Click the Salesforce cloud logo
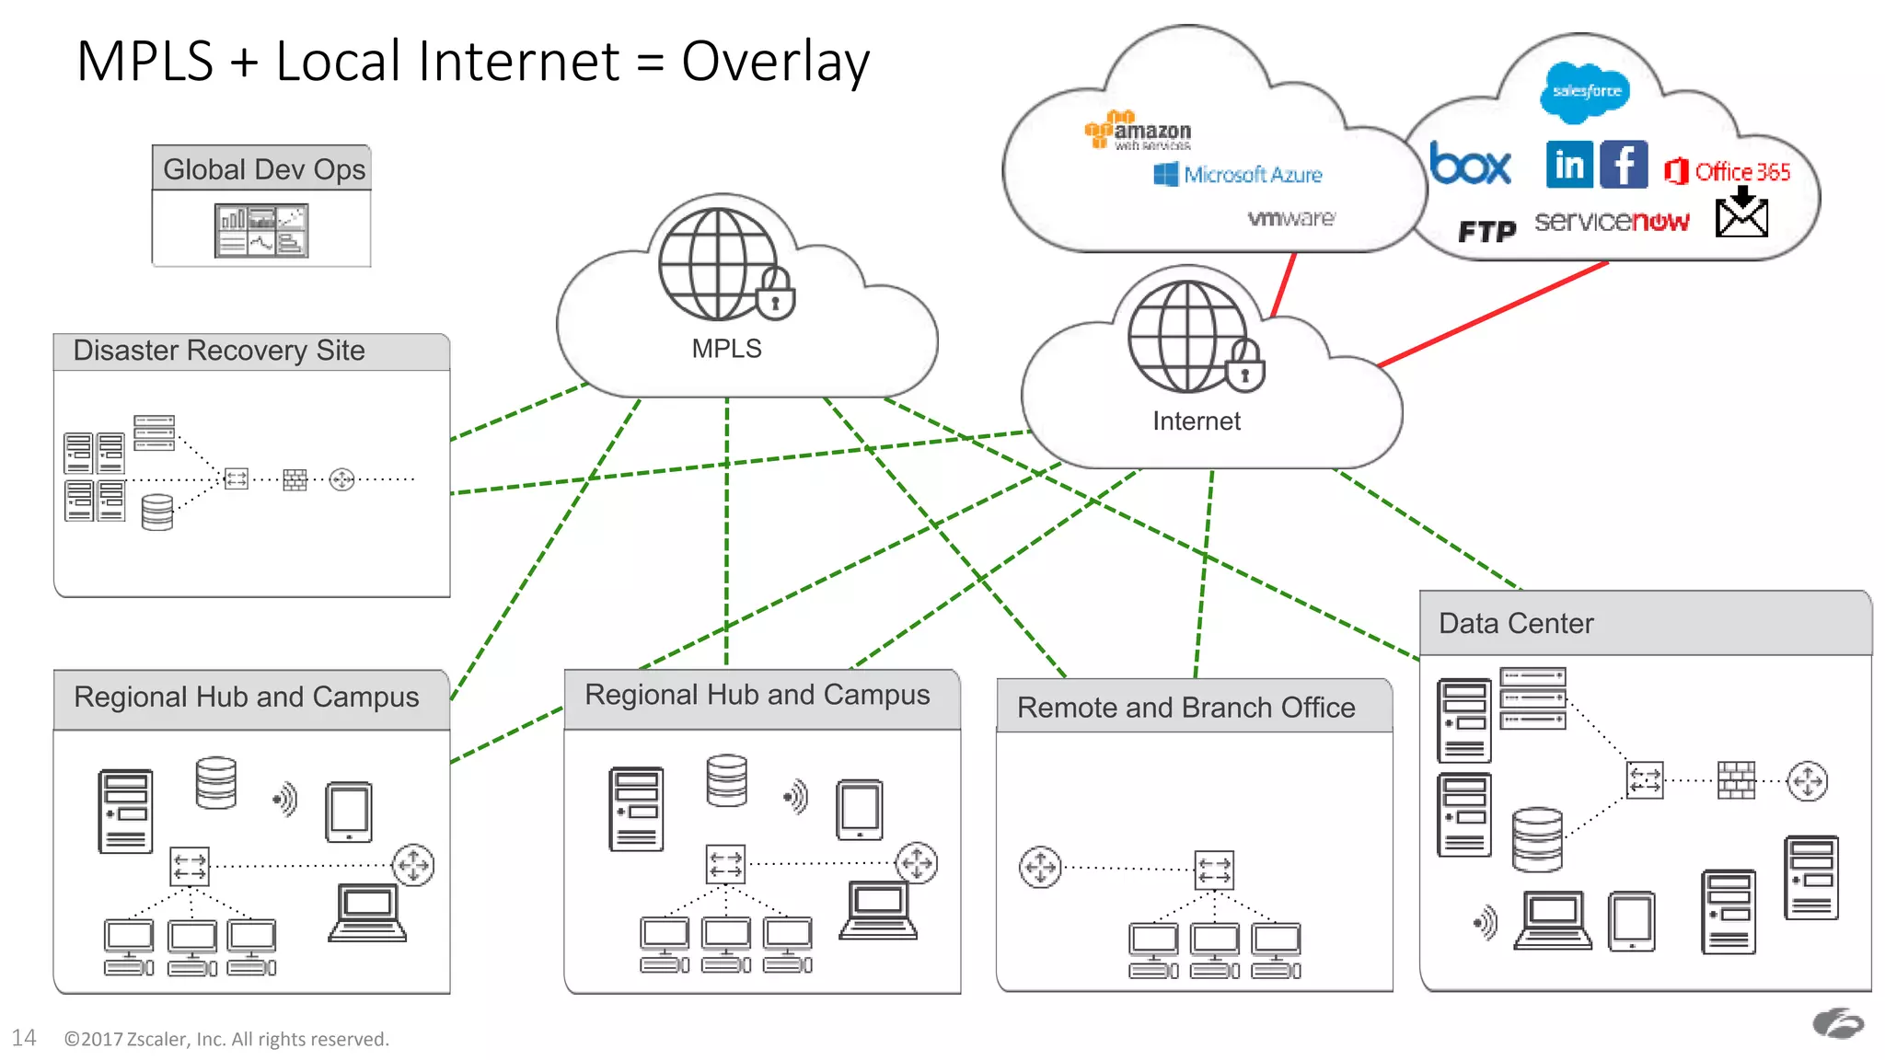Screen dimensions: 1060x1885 1585,91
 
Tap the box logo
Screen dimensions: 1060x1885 1470,166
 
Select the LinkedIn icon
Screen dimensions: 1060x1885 1569,166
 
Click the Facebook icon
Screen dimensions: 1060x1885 1624,166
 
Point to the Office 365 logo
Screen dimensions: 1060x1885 1728,172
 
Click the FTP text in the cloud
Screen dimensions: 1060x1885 1486,232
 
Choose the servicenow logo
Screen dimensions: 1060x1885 1612,222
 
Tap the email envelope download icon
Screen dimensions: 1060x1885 1741,213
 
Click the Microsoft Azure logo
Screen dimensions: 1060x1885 1238,175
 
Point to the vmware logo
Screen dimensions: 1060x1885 1290,219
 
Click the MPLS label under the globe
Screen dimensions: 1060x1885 726,349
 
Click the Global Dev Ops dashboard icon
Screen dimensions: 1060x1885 261,230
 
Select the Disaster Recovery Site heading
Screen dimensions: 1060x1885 219,351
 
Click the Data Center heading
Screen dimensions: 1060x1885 1516,624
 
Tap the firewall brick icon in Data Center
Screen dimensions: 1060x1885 1736,780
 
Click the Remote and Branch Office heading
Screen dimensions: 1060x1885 1185,708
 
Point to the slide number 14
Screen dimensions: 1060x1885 24,1038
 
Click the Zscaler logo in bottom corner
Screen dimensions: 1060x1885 1837,1023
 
